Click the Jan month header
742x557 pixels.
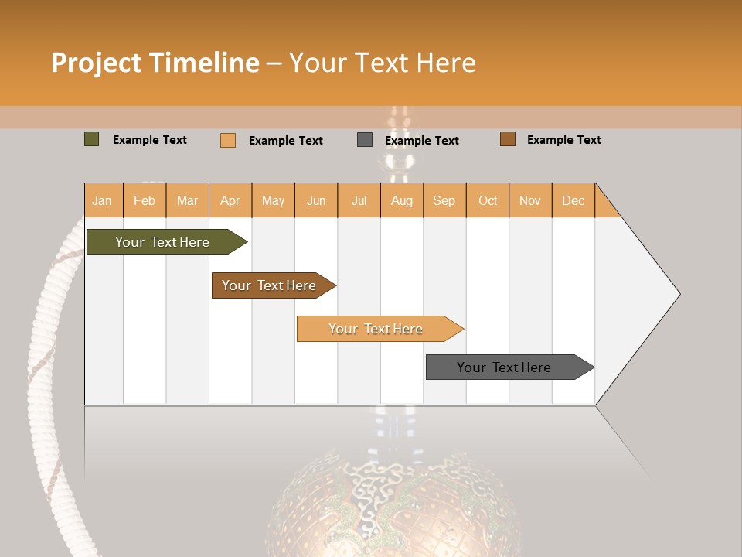point(102,200)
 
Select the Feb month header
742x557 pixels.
point(145,200)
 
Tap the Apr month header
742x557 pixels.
point(230,200)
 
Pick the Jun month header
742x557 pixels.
point(316,200)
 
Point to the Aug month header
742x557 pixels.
point(401,200)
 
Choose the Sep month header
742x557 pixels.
point(444,200)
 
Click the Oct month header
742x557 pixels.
point(488,200)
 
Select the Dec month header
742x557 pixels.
point(573,200)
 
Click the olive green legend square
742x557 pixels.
point(92,139)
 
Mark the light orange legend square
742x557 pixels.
point(228,140)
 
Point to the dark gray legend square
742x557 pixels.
point(365,140)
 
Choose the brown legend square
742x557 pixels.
point(508,139)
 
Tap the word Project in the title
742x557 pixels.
point(96,63)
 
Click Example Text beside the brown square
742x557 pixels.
point(563,140)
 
